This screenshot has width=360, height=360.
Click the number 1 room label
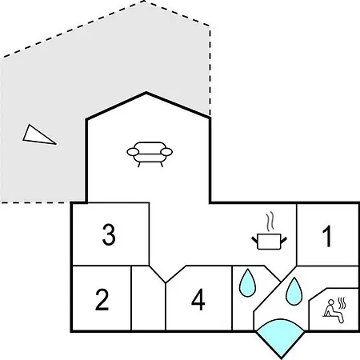(327, 236)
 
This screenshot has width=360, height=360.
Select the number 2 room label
(102, 299)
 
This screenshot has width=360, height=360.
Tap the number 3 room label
(109, 234)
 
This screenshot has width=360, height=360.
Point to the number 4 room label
(198, 299)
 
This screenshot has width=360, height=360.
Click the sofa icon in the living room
(150, 154)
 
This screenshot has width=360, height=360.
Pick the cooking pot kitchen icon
(270, 242)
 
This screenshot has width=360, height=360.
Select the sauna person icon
(334, 311)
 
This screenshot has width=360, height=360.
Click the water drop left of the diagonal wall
(247, 283)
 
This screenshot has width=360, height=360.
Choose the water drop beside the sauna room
(294, 291)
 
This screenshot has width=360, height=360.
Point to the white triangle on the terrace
(38, 136)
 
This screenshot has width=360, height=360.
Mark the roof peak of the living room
(146, 92)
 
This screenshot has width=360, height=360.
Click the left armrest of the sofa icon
(133, 152)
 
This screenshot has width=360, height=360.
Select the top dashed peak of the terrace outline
(144, 1)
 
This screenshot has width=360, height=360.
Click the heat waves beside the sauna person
(342, 303)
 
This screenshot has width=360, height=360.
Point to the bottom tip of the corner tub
(281, 358)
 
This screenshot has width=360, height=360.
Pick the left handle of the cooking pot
(254, 239)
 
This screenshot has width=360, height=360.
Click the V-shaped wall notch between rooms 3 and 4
(166, 282)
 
